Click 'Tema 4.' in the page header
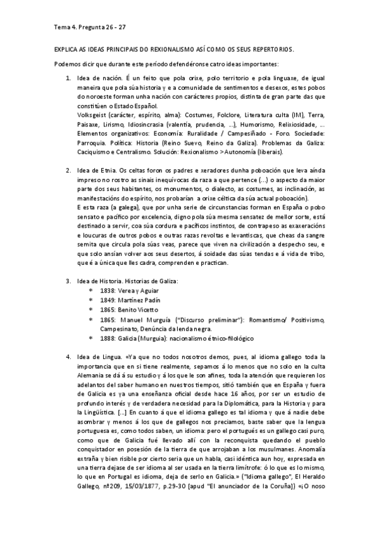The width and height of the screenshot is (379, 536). point(63,27)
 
